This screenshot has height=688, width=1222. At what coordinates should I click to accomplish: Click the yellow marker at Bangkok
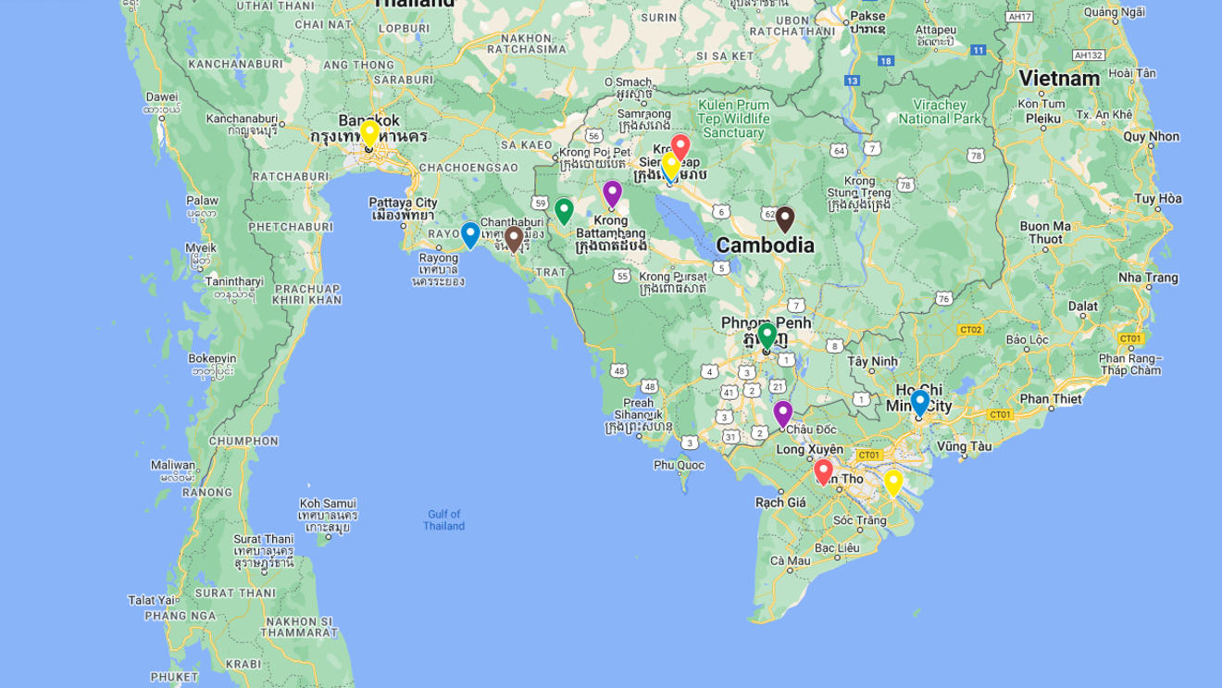click(x=369, y=133)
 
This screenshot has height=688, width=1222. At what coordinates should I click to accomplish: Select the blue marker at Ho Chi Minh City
click(x=919, y=403)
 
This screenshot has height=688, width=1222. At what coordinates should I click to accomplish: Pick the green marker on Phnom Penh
click(x=767, y=335)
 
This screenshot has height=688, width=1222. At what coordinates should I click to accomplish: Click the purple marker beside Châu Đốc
click(x=783, y=413)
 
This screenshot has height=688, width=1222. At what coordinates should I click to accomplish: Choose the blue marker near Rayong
click(x=470, y=235)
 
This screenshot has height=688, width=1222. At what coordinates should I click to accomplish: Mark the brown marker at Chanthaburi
click(x=514, y=239)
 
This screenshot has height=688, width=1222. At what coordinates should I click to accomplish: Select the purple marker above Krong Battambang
click(x=612, y=194)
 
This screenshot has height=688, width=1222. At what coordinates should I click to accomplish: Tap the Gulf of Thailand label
click(x=444, y=520)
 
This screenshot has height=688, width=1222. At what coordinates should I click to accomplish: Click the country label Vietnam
click(x=1059, y=79)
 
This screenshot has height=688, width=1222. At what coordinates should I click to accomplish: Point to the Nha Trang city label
click(x=1148, y=278)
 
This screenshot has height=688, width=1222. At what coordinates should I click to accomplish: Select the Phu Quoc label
click(x=679, y=465)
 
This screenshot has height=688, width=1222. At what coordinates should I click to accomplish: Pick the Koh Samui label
click(x=327, y=503)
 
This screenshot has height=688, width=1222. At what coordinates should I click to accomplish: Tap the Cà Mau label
click(x=790, y=560)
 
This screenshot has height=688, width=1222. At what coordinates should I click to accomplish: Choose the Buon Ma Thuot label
click(x=1045, y=231)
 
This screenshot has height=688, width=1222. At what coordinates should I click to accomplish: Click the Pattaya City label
click(x=403, y=203)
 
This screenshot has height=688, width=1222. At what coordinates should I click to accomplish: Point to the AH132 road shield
click(x=1089, y=55)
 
